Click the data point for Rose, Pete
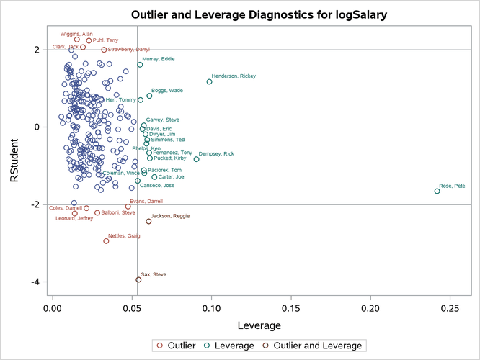click(437, 191)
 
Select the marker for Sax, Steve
click(138, 280)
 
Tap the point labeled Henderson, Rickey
click(209, 82)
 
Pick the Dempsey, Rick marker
click(196, 159)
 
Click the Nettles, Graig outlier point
click(106, 241)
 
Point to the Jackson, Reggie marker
click(148, 221)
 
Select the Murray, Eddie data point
click(140, 65)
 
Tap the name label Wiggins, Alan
click(76, 34)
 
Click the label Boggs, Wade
click(166, 90)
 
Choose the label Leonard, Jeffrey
click(74, 218)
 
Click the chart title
click(239, 14)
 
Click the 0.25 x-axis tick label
click(450, 307)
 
